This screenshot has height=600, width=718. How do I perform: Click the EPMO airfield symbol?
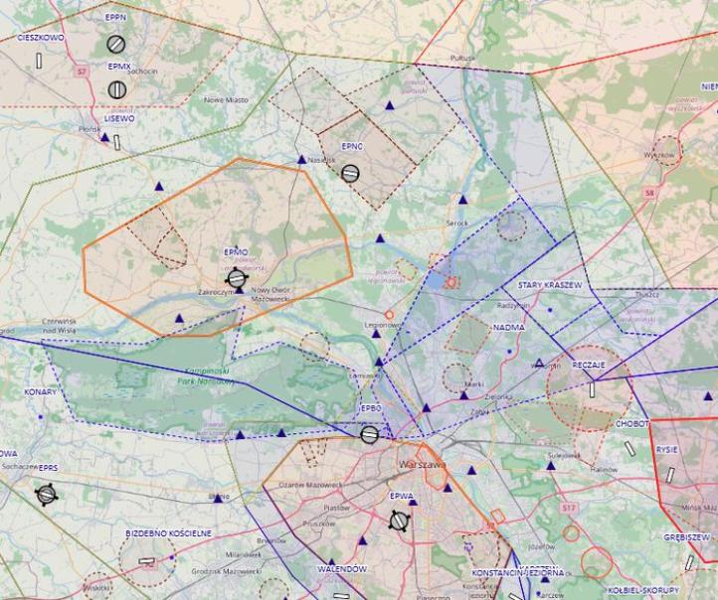click(237, 279)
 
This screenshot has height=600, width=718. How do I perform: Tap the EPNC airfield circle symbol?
click(350, 173)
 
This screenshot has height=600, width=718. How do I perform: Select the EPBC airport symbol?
click(369, 434)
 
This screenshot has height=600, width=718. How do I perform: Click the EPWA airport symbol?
click(400, 521)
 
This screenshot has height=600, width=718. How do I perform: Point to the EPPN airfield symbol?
click(116, 44)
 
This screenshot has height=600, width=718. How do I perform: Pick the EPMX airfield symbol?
click(117, 89)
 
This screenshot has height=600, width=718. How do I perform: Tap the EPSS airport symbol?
click(46, 494)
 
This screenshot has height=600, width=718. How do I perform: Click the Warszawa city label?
click(420, 465)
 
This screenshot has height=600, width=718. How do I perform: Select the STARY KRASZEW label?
click(548, 285)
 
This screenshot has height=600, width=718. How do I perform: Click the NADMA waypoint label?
click(508, 326)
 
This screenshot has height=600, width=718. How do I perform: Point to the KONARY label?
click(42, 392)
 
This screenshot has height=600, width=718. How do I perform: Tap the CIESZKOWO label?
click(40, 37)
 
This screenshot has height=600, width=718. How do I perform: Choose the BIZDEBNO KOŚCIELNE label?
click(168, 533)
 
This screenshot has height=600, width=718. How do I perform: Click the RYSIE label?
click(667, 449)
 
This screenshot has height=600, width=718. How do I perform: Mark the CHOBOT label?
click(631, 423)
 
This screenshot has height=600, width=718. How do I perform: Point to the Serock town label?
click(457, 224)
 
